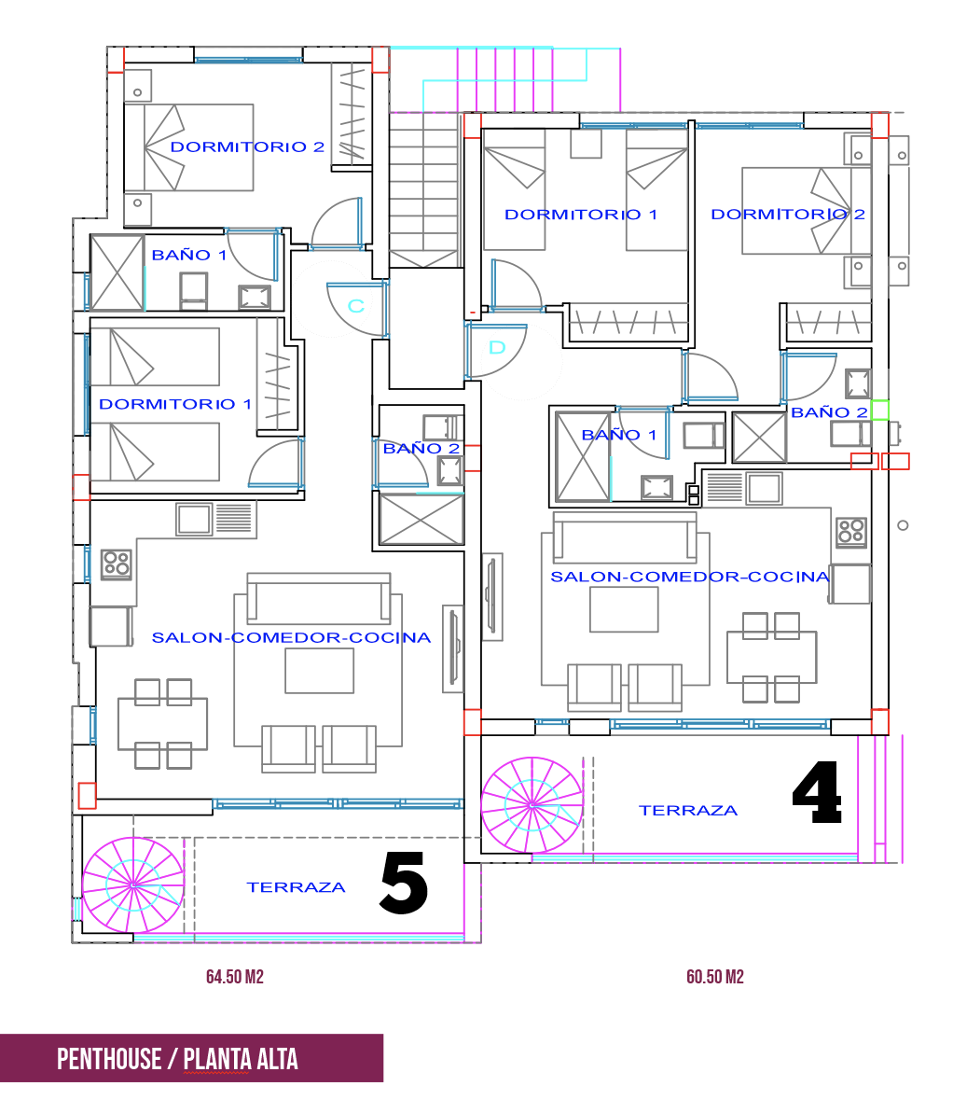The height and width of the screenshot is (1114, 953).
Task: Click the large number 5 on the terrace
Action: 404,884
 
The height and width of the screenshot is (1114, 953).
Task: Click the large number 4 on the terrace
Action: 818,792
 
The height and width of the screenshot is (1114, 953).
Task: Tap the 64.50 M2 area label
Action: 235,977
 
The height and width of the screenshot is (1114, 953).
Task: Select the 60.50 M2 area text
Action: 715,977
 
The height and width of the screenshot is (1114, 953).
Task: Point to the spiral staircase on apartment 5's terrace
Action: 132,885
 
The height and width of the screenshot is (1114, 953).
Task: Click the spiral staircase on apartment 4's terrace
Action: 532,804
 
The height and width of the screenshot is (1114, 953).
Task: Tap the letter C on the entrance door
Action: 356,305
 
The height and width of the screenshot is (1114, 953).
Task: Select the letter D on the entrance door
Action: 497,347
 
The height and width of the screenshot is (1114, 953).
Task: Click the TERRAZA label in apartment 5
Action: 297,887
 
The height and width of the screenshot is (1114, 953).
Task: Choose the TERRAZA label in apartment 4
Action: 688,811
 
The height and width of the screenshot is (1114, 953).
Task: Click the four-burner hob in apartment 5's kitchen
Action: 117,564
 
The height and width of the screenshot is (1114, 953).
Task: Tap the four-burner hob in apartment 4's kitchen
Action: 851,532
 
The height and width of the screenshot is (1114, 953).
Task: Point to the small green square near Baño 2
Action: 880,410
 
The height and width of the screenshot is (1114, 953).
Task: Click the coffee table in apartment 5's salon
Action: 320,671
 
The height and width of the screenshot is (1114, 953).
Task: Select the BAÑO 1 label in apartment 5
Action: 189,255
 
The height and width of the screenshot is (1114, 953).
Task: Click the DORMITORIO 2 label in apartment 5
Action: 247,147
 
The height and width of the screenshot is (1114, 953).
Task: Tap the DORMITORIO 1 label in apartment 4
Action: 581,215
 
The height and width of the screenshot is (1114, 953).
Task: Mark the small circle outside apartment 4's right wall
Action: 904,525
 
